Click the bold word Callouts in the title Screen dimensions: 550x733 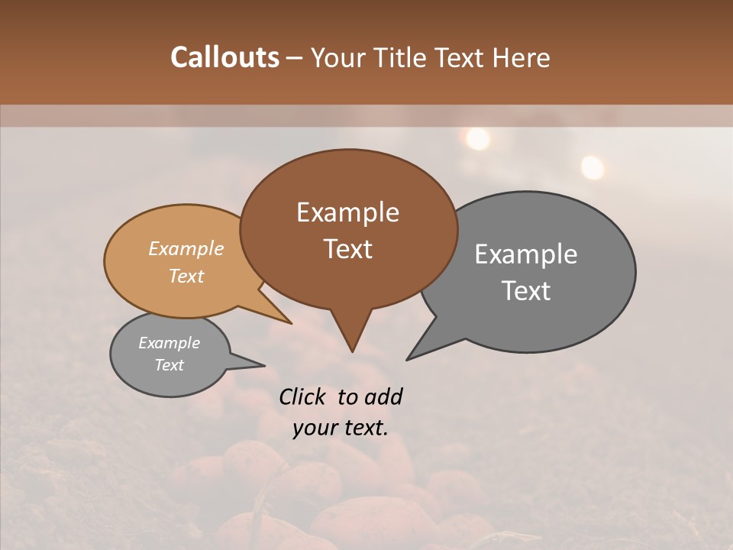[224, 57]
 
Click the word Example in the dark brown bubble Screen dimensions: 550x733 [347, 212]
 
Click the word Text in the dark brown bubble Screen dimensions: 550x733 [347, 249]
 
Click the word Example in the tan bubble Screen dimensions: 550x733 [186, 248]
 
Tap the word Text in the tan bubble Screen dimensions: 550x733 [186, 276]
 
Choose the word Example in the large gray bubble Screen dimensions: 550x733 [526, 254]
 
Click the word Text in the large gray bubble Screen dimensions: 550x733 [526, 291]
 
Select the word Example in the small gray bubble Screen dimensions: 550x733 [169, 343]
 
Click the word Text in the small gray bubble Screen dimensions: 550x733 [169, 365]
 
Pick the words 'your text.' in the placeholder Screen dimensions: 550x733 [341, 428]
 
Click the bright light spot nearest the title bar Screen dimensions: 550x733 [478, 138]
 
